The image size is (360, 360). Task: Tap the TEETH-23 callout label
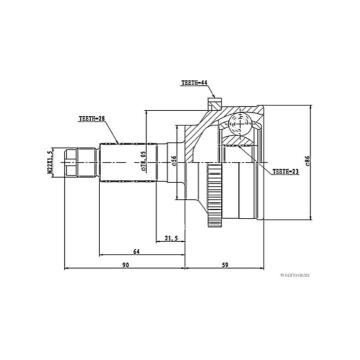click(x=285, y=171)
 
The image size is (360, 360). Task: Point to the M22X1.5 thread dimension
click(x=50, y=162)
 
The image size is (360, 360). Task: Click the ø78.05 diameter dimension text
click(x=143, y=161)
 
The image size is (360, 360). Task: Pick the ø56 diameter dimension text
click(x=174, y=160)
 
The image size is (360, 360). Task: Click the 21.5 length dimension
click(x=171, y=238)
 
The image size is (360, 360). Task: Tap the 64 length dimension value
click(x=136, y=251)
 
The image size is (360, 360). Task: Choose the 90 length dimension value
click(x=125, y=265)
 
